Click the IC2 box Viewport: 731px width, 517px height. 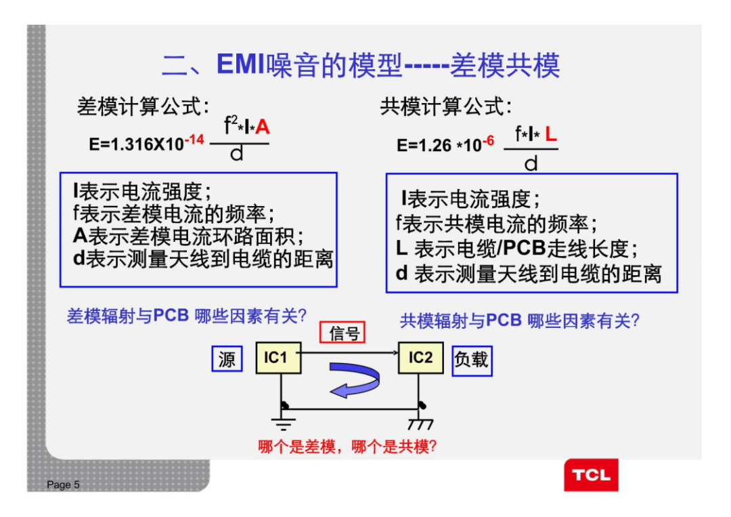pos(420,357)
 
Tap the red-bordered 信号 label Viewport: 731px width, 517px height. pos(342,332)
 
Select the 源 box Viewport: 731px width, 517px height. pos(227,359)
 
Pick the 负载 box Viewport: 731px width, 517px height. pos(471,360)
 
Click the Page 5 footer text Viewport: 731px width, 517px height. pos(63,484)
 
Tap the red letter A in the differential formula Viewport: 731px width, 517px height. pos(263,127)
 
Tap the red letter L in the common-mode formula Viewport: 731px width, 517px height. pos(551,134)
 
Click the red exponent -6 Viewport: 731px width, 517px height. pos(487,141)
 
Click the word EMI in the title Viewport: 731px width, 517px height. pos(241,64)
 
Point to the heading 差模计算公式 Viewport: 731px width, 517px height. pos(143,106)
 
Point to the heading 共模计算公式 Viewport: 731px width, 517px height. pos(446,106)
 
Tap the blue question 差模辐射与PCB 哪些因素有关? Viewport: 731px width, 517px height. pos(187,316)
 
